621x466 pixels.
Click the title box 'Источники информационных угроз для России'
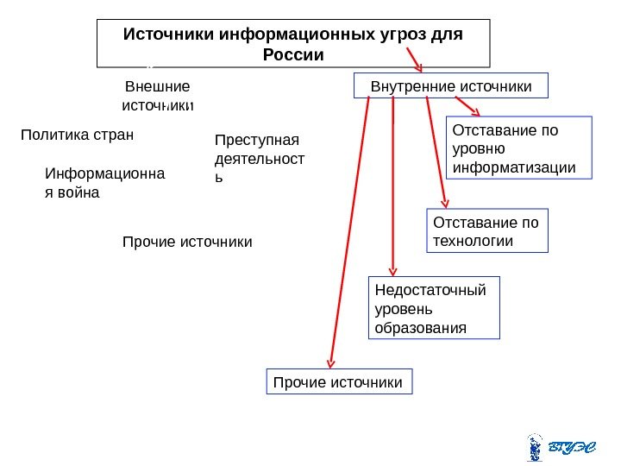tap(293, 43)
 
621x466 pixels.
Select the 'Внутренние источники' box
tap(451, 87)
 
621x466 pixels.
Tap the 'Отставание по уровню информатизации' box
tap(520, 147)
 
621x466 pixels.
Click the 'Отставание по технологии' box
tap(487, 230)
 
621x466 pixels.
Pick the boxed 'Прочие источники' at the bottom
tap(339, 381)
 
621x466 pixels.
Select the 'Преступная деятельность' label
tap(264, 158)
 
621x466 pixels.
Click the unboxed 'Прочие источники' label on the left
tap(188, 242)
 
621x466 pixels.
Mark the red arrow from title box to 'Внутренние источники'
tap(409, 57)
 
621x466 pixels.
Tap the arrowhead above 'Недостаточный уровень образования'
tap(393, 270)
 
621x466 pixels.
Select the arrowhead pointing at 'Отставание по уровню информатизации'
tap(475, 110)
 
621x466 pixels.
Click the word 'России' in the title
tap(293, 55)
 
